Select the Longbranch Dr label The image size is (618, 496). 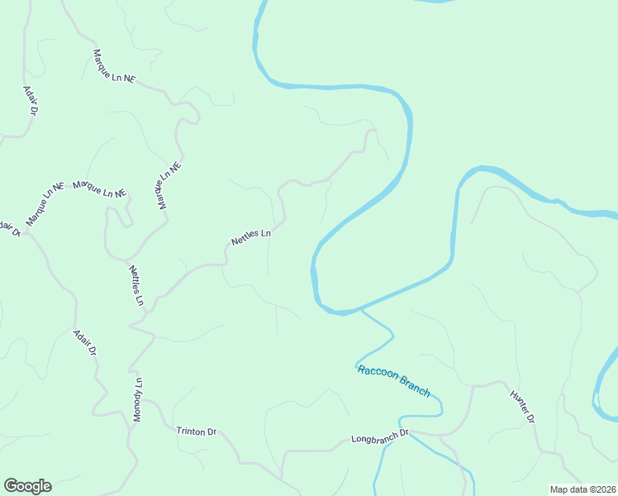[380, 435]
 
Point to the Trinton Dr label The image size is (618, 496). [196, 431]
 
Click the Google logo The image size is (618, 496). [27, 486]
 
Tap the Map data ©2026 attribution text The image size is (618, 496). [582, 489]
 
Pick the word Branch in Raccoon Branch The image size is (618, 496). [414, 385]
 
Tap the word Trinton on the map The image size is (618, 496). [190, 431]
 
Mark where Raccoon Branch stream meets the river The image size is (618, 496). [361, 311]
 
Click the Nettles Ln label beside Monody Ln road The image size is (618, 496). [135, 285]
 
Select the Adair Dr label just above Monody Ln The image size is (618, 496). [85, 343]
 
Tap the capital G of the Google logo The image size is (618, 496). [11, 486]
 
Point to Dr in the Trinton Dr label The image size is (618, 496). [211, 432]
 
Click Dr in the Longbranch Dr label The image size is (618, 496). [405, 433]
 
